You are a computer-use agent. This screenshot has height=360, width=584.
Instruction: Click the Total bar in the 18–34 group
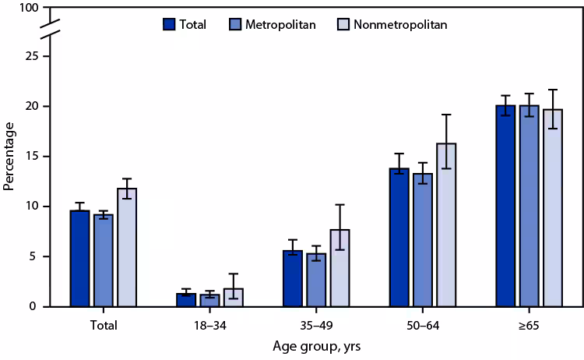pyautogui.click(x=186, y=300)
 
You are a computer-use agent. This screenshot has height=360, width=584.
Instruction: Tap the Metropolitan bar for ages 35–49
pyautogui.click(x=316, y=280)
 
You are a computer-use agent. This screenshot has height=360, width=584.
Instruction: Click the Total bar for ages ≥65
pyautogui.click(x=505, y=206)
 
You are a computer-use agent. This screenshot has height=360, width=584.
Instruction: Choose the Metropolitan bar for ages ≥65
pyautogui.click(x=529, y=206)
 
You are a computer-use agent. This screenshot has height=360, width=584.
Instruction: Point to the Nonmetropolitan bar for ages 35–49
pyautogui.click(x=339, y=268)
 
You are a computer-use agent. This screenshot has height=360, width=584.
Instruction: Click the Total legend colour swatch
pyautogui.click(x=169, y=24)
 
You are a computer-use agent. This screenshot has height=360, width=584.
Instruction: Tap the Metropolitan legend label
pyautogui.click(x=280, y=24)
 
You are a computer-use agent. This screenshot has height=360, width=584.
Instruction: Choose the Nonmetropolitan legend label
pyautogui.click(x=400, y=24)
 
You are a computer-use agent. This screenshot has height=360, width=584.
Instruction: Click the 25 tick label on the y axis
pyautogui.click(x=30, y=57)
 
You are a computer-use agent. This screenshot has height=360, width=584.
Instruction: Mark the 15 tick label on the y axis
pyautogui.click(x=30, y=157)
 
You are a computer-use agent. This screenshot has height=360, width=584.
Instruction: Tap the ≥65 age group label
pyautogui.click(x=529, y=324)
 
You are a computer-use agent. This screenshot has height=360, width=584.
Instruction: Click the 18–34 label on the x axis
pyautogui.click(x=209, y=324)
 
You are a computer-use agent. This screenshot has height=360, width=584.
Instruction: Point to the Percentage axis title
pyautogui.click(x=9, y=156)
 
